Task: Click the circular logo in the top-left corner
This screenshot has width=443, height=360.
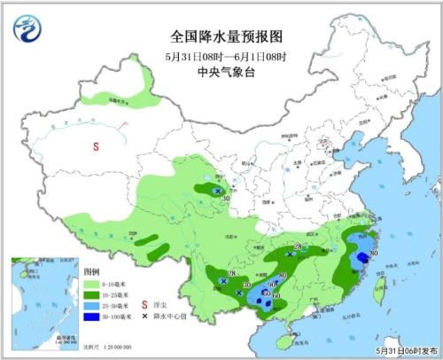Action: pos(27,29)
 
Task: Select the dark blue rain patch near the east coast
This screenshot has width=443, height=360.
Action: pos(361,258)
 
